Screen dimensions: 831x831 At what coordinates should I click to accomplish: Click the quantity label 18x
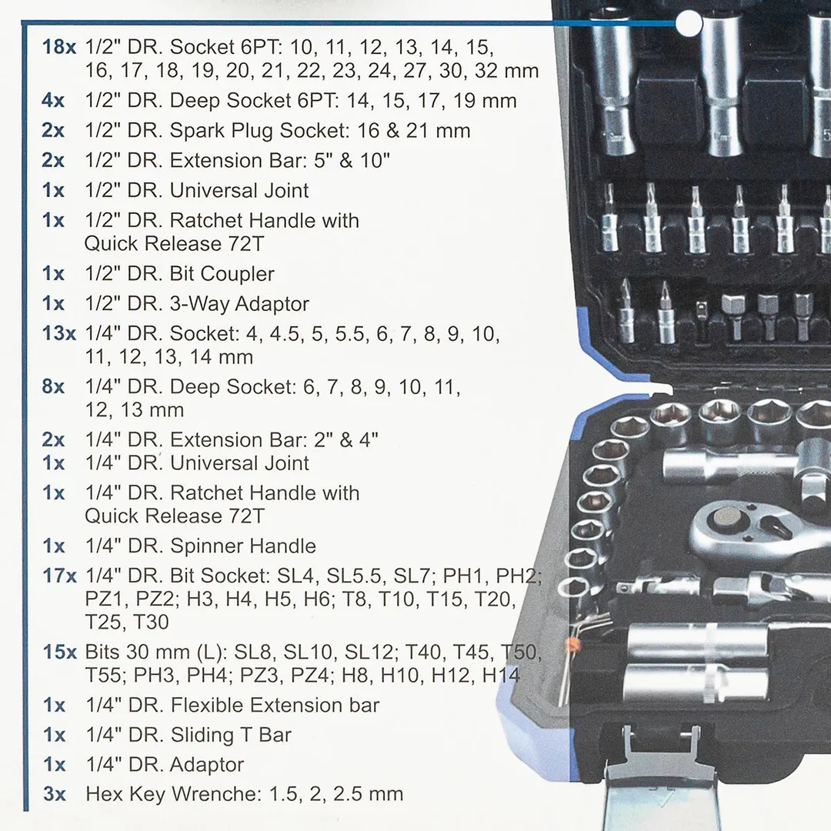(59, 46)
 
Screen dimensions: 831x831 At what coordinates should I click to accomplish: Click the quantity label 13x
(59, 334)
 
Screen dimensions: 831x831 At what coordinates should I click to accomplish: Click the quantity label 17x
(59, 576)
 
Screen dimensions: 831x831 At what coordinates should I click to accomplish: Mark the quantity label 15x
(59, 652)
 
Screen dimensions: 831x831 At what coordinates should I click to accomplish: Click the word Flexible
(207, 705)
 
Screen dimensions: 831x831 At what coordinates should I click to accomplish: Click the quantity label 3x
(54, 794)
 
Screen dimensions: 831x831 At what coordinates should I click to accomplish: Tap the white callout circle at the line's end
(689, 24)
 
